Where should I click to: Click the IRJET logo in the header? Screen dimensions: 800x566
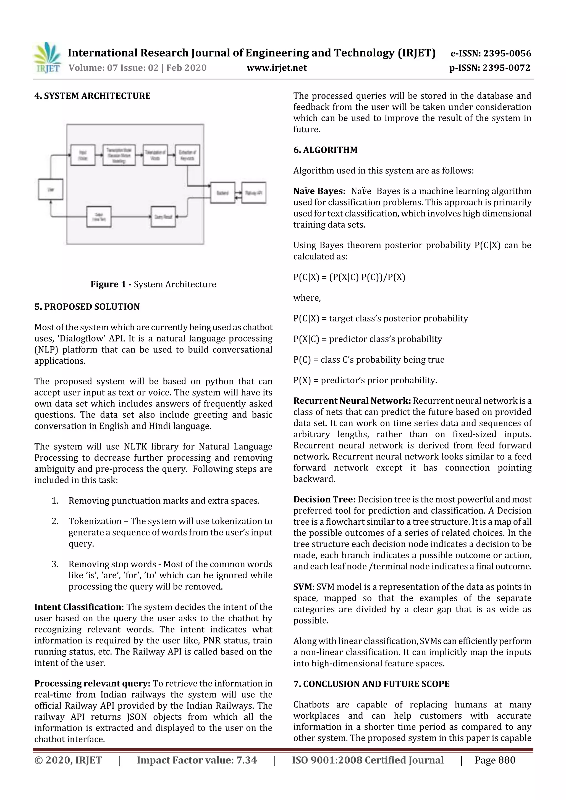[x=47, y=58]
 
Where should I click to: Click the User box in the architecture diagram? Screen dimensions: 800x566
[x=51, y=189]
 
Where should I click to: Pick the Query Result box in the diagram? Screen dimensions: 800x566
[x=163, y=217]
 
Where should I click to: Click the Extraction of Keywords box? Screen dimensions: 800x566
[x=187, y=155]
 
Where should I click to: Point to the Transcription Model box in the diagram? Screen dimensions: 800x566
[x=119, y=155]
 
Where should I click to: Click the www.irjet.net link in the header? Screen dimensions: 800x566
[x=277, y=68]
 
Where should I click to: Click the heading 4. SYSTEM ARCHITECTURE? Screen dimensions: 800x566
[x=92, y=96]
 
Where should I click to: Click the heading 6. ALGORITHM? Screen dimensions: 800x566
[x=325, y=150]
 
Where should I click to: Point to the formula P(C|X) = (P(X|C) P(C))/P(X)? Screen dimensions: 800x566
[x=349, y=277]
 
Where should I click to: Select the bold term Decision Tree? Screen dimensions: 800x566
[x=324, y=499]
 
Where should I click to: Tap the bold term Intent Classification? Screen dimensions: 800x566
[x=79, y=607]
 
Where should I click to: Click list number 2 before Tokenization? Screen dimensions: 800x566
[x=55, y=521]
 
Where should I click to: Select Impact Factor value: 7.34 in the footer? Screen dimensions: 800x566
[x=197, y=760]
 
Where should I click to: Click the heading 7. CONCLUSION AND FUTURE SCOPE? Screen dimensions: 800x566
[x=371, y=684]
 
